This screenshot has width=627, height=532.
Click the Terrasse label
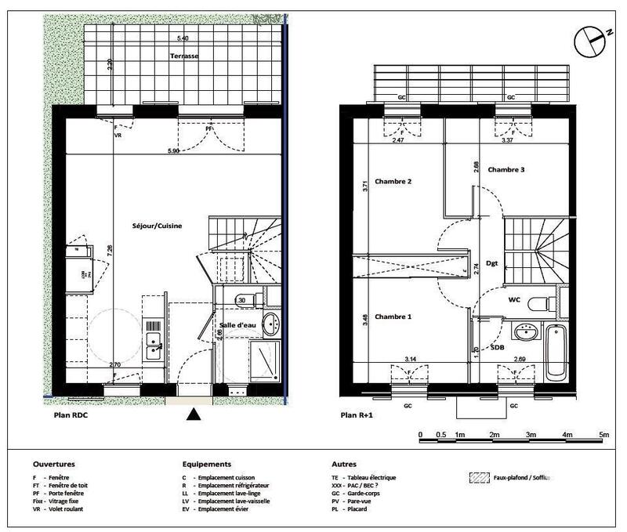(186, 56)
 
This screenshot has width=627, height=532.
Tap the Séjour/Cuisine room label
(158, 226)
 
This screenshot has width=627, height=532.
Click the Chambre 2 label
(393, 182)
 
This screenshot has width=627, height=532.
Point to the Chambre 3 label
(506, 170)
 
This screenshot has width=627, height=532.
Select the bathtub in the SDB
(556, 350)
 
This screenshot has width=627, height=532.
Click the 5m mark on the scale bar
(603, 435)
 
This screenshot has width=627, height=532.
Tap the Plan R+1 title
(357, 417)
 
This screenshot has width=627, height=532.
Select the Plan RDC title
(70, 416)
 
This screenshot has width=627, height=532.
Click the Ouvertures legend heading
(54, 465)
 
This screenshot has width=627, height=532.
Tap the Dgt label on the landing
(492, 263)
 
